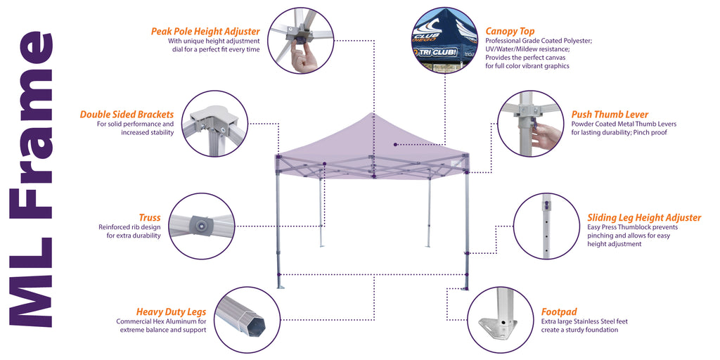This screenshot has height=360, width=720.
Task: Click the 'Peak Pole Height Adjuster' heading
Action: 205,32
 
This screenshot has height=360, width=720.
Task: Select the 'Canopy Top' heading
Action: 510,32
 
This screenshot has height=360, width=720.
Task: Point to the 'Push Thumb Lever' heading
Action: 610,115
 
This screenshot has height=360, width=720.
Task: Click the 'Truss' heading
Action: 149,218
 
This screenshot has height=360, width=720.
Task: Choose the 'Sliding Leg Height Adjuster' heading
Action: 643,218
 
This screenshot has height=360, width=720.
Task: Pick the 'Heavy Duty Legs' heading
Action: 171,311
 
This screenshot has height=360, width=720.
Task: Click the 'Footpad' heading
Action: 559,311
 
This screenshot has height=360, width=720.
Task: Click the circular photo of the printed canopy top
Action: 446,41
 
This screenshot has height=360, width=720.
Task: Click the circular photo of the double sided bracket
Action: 214,123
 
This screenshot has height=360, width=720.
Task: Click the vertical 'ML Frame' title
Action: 32,180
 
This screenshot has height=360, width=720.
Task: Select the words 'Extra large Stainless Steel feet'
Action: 584,321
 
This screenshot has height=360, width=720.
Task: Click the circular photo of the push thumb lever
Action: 529,123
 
